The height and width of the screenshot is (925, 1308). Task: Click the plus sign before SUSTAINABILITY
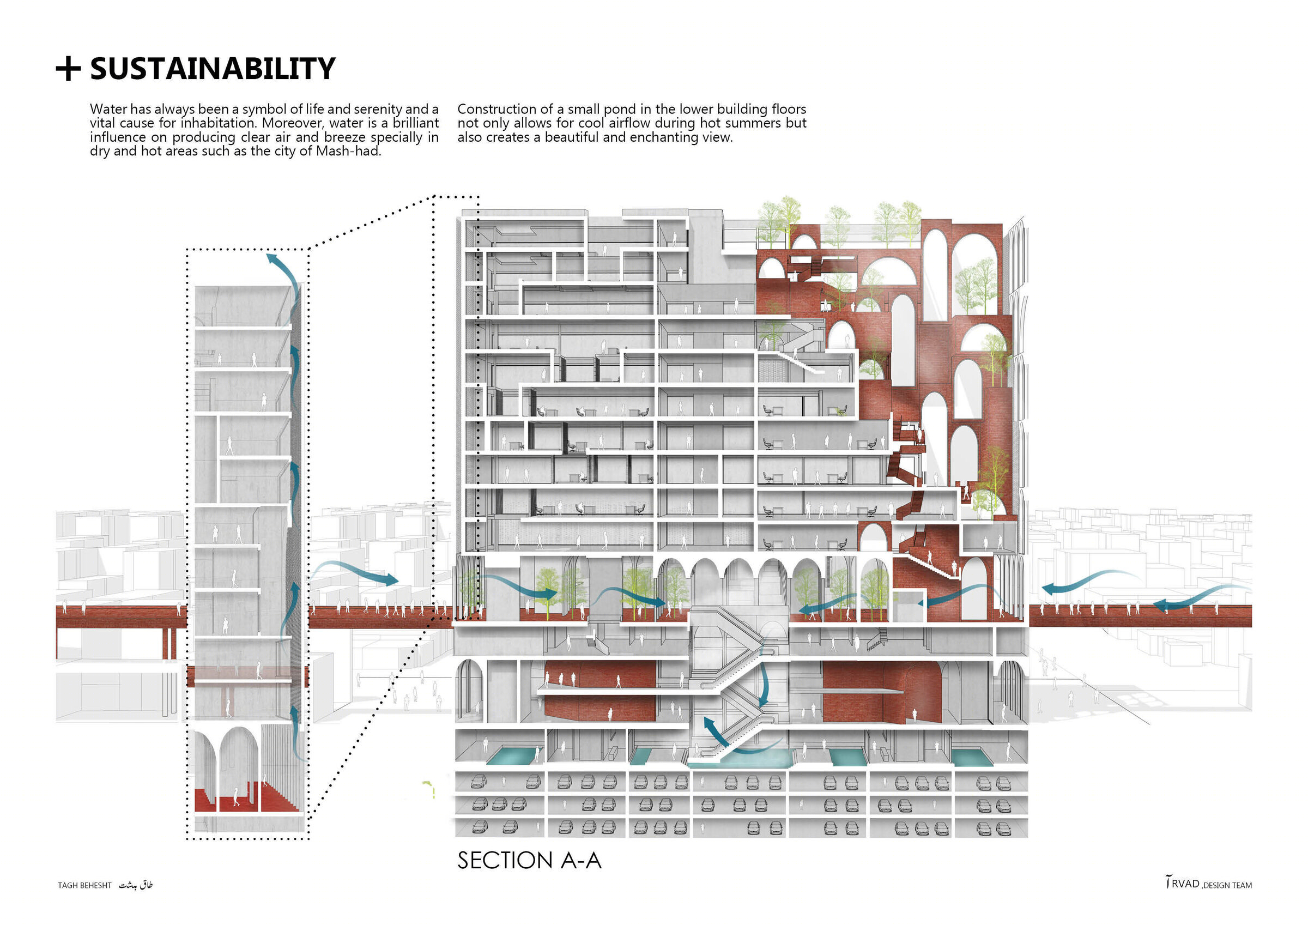click(x=68, y=69)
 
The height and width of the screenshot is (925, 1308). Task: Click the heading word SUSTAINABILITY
click(x=213, y=69)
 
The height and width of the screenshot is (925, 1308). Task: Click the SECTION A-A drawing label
click(x=529, y=861)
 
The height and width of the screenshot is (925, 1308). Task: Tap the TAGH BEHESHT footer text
click(x=84, y=885)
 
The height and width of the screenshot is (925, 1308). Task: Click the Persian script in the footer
click(x=136, y=885)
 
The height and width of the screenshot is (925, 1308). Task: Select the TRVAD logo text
click(x=1183, y=884)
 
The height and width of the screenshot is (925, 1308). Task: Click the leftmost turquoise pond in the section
click(x=511, y=757)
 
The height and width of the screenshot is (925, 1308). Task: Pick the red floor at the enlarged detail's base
click(x=246, y=798)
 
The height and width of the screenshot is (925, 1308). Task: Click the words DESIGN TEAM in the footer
click(x=1228, y=885)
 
